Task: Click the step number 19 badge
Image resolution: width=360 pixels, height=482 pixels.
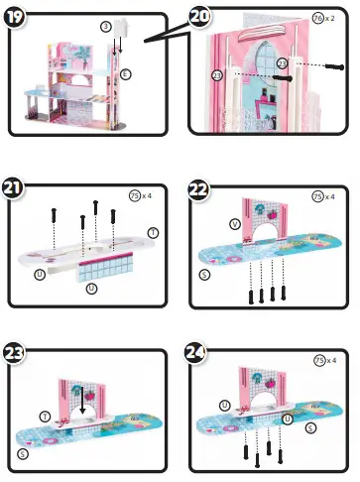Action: point(17,16)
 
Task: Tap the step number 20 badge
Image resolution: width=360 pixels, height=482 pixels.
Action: point(199,16)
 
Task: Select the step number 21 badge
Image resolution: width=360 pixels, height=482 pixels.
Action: point(17,187)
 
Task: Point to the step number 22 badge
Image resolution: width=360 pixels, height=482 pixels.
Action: point(199,187)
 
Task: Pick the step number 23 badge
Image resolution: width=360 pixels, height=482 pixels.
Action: point(17,351)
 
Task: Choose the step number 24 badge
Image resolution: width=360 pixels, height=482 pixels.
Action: point(199,351)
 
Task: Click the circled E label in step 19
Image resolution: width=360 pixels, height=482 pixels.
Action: point(125,74)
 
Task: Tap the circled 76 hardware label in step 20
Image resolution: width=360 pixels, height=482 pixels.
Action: point(317,19)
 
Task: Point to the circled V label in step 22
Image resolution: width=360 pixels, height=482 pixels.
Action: point(233,223)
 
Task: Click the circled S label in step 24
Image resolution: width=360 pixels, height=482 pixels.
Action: point(310,427)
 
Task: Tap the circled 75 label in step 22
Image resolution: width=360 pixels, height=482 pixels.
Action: point(318,195)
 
